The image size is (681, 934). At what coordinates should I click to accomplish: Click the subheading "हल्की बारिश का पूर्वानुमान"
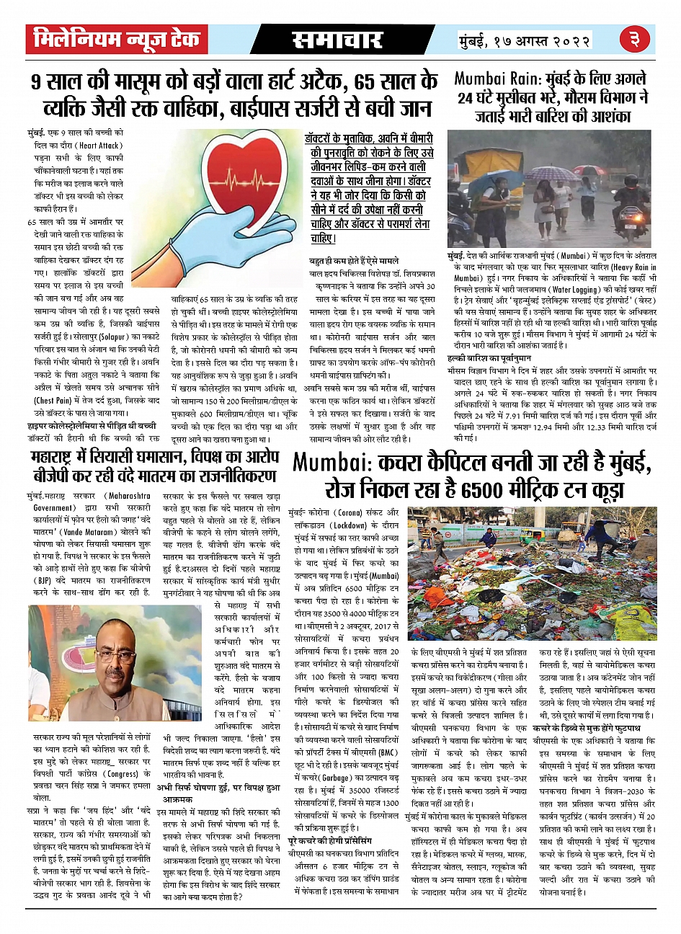[x=489, y=357]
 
